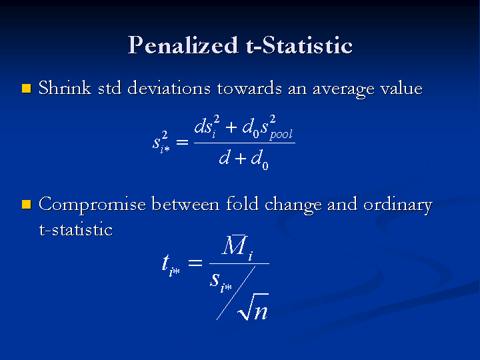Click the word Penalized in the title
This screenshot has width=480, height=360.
click(183, 45)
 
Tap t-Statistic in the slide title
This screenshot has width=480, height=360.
click(299, 45)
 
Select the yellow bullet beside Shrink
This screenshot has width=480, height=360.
click(27, 89)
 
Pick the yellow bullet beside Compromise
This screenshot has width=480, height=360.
click(27, 204)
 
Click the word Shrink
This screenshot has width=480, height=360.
click(65, 88)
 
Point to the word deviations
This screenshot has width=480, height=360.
click(169, 88)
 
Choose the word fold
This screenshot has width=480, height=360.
click(242, 203)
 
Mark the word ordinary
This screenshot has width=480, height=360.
click(398, 205)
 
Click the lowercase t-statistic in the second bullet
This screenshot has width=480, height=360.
click(76, 229)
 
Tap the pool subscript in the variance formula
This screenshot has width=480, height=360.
click(281, 135)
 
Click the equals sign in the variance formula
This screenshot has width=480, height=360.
click(182, 142)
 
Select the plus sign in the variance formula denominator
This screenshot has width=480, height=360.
click(241, 158)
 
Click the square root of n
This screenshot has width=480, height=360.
click(253, 307)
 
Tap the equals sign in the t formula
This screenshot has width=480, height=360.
click(195, 263)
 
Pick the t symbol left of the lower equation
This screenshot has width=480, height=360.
click(165, 263)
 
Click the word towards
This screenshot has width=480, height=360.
click(249, 88)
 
